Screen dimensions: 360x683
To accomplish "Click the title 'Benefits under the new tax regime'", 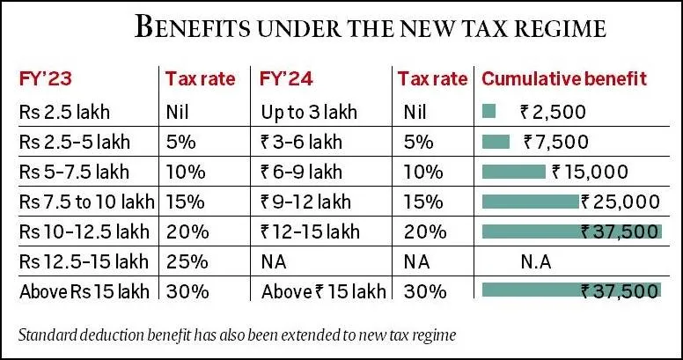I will [x=370, y=27].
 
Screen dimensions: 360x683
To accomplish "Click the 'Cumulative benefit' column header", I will [x=563, y=78].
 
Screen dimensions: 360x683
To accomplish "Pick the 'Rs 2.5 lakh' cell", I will [x=58, y=112].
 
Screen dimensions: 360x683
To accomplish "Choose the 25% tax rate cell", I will [x=187, y=261].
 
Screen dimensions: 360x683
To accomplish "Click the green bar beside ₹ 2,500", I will [x=489, y=112].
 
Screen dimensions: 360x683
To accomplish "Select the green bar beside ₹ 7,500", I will [x=496, y=142].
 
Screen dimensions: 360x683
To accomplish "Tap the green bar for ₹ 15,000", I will [x=514, y=172].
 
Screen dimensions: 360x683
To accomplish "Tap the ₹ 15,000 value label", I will [x=590, y=172].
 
